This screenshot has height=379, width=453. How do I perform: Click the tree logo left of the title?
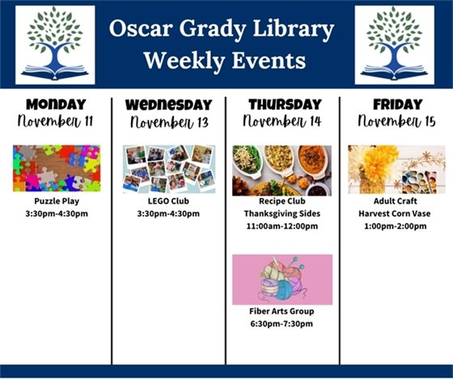coord(55,45)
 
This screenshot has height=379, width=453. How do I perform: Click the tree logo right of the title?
coord(394,45)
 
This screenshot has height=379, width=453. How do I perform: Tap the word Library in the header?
coord(297,31)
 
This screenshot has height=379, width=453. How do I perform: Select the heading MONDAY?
coord(56,105)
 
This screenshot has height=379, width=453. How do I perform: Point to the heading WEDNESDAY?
coord(169,105)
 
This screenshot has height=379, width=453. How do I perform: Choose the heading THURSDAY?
coord(282,105)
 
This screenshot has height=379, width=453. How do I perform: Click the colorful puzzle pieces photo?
coord(56,168)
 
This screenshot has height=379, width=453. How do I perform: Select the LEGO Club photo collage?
coord(169,169)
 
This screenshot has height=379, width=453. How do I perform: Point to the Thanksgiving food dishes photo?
coord(282,170)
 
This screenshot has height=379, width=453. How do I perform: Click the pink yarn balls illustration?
coord(282,279)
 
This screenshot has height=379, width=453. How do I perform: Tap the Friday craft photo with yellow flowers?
coord(396,169)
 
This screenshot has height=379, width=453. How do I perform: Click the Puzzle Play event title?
coord(56,200)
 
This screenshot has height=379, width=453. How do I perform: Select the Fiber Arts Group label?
coord(282,311)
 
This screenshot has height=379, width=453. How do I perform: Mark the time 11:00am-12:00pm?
coord(282,226)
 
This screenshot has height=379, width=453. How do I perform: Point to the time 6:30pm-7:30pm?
coord(282,324)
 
